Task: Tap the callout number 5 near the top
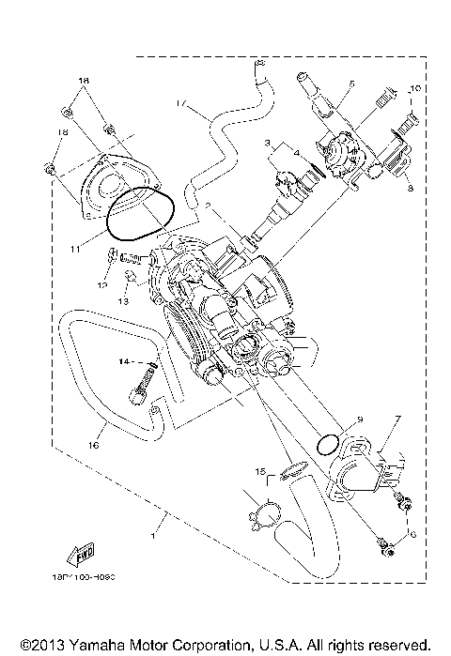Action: [x=348, y=84]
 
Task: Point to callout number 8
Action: [x=411, y=187]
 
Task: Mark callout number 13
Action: [x=124, y=301]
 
